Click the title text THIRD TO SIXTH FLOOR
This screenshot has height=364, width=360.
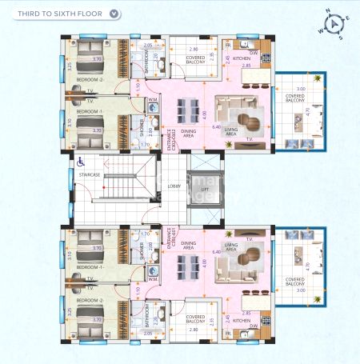click(x=55, y=14)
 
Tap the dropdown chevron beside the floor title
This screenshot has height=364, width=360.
click(x=115, y=14)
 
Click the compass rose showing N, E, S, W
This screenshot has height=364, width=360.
click(x=334, y=23)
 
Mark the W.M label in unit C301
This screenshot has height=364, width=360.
click(x=152, y=280)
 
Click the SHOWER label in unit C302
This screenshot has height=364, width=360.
click(x=142, y=131)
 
